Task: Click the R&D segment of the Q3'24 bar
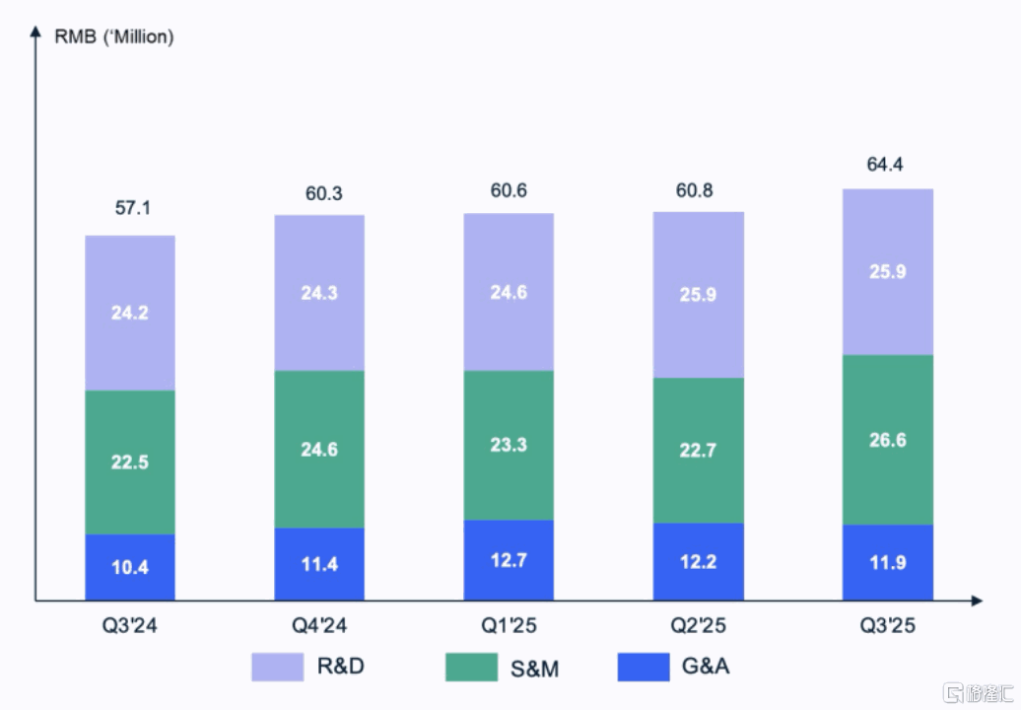click(x=130, y=313)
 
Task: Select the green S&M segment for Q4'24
click(x=319, y=449)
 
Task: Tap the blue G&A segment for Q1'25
click(x=509, y=560)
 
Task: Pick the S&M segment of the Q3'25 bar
click(x=887, y=440)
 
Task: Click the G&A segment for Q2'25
click(x=698, y=561)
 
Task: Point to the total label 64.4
click(x=884, y=165)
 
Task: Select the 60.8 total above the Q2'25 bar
click(x=698, y=189)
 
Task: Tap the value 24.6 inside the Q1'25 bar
click(x=509, y=292)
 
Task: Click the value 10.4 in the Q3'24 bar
click(x=130, y=568)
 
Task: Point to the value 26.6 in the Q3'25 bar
click(x=887, y=440)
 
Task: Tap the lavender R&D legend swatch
click(x=279, y=667)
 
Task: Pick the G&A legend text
click(x=706, y=667)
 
